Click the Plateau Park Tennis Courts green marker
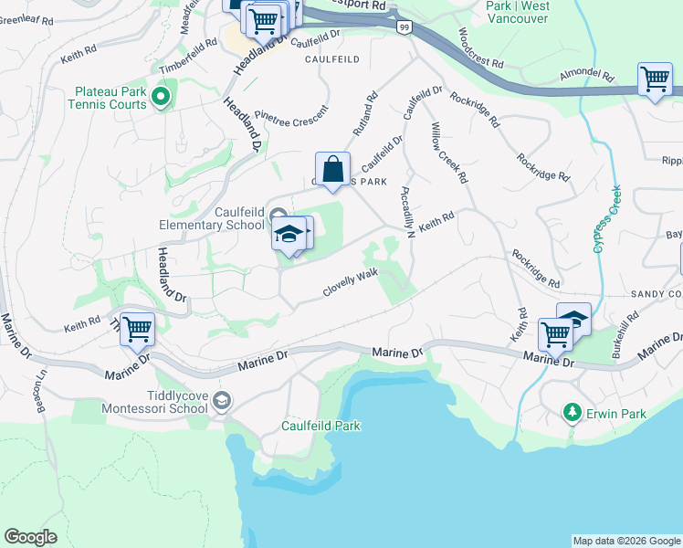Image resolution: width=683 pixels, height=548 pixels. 162,96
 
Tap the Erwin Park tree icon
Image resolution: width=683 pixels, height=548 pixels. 573,414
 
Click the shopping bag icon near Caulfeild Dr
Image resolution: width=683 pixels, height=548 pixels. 333,170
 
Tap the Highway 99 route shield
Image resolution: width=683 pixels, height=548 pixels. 404,27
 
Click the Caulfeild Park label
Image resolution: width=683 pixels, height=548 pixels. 308,426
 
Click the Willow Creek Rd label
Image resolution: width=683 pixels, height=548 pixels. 449,151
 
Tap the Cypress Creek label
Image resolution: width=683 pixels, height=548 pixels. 607,219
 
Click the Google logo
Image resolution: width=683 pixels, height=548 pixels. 31,537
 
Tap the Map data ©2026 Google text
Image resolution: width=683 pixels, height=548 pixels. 625,541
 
